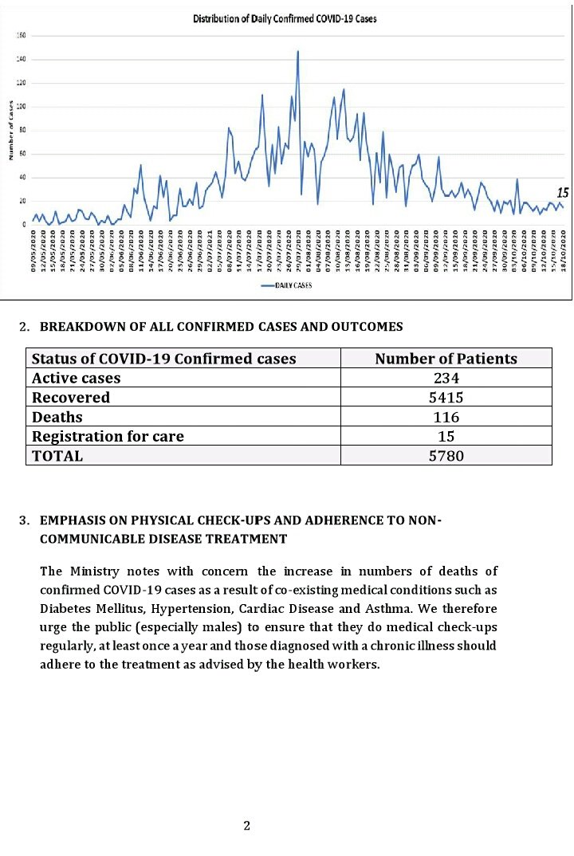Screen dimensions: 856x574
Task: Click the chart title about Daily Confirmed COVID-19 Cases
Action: click(285, 18)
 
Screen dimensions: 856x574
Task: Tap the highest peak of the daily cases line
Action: click(297, 52)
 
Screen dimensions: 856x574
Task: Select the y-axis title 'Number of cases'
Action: click(11, 129)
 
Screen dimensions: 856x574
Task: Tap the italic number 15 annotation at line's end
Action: click(561, 193)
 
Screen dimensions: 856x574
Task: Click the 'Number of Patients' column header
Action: click(446, 359)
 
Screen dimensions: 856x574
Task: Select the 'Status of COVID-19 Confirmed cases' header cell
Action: click(163, 359)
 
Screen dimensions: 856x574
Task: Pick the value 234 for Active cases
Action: click(446, 378)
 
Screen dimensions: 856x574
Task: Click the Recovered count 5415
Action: click(446, 397)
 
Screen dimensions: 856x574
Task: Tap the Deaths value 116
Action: click(446, 417)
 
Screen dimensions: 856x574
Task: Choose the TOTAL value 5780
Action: click(446, 456)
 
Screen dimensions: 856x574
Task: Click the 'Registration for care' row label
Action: click(108, 436)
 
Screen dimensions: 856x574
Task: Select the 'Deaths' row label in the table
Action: click(57, 417)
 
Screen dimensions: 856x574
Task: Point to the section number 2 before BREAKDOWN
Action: click(24, 327)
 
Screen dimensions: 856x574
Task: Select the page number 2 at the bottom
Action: click(247, 826)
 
